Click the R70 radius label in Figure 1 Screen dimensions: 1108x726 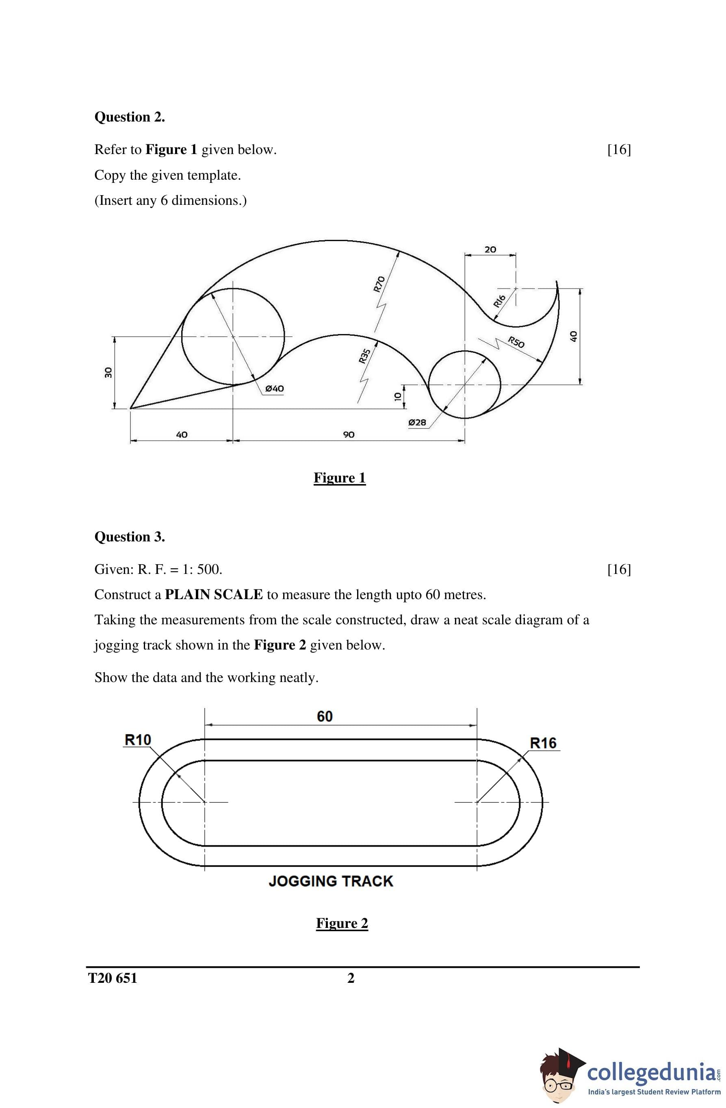tap(380, 284)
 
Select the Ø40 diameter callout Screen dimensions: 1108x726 tap(274, 388)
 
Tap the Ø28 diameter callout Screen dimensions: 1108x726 tap(416, 422)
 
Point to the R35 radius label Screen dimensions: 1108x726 tap(364, 356)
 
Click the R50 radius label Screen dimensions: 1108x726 tap(516, 342)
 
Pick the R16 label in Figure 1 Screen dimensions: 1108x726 tap(499, 301)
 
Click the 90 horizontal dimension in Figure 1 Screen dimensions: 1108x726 tap(349, 435)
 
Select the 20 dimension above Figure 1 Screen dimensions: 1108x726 tap(490, 250)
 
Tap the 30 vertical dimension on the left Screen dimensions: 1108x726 tap(108, 372)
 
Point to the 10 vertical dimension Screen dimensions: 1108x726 tap(397, 396)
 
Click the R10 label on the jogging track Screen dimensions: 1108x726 tap(138, 739)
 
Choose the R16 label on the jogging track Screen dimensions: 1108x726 tap(543, 743)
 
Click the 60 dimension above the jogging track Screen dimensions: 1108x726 tap(325, 716)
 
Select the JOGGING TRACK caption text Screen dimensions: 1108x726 tap(331, 881)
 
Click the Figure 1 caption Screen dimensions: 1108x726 tap(340, 478)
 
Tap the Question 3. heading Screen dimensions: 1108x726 tap(130, 537)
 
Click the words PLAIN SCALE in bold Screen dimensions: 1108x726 tap(214, 595)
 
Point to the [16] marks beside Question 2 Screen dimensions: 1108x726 tap(619, 150)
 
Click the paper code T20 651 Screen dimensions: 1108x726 tap(113, 978)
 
